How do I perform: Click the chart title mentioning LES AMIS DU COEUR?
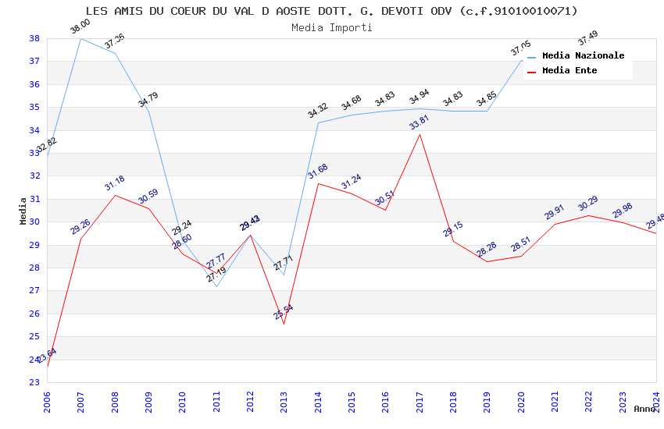click(x=331, y=11)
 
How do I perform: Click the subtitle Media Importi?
click(x=331, y=27)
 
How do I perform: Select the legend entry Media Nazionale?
click(x=583, y=55)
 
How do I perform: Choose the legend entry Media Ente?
click(x=569, y=70)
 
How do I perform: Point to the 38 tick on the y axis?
click(x=34, y=38)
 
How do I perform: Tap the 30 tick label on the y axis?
click(x=34, y=222)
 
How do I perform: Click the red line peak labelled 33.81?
click(x=419, y=134)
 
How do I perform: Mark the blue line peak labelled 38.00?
click(x=80, y=38)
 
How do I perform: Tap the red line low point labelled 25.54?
click(x=284, y=324)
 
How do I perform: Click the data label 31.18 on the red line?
click(x=115, y=183)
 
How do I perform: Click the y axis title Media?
click(x=23, y=211)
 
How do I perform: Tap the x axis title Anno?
click(x=644, y=409)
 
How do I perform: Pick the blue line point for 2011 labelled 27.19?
click(x=216, y=286)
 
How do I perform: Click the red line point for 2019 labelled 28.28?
click(x=487, y=261)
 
